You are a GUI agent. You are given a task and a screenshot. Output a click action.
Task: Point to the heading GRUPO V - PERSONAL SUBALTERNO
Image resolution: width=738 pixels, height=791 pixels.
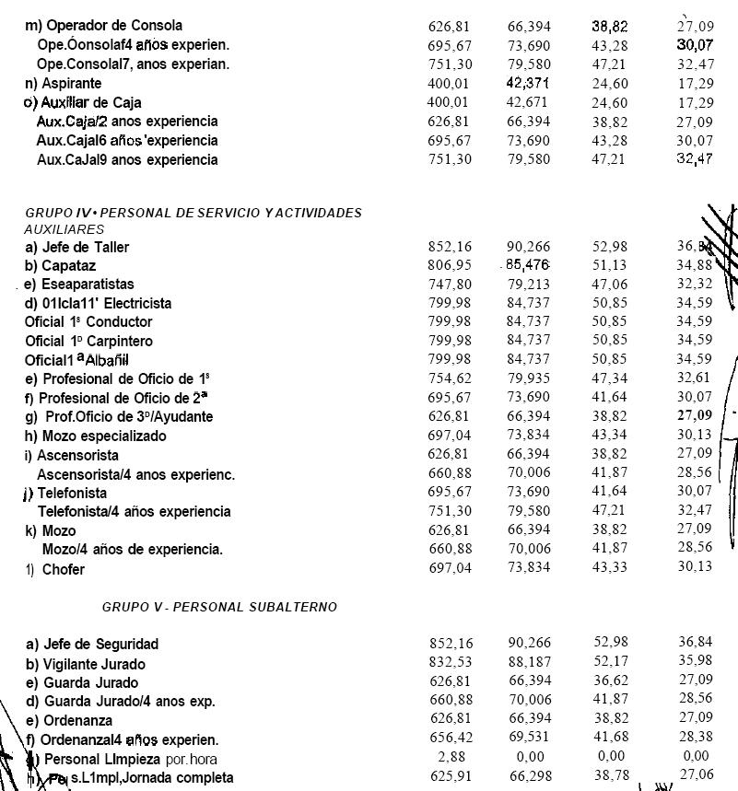point(219,607)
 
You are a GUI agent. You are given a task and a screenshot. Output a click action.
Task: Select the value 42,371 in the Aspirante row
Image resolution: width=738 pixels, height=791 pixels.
point(528,83)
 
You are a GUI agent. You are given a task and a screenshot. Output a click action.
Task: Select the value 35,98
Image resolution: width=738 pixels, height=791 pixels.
point(695,664)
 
